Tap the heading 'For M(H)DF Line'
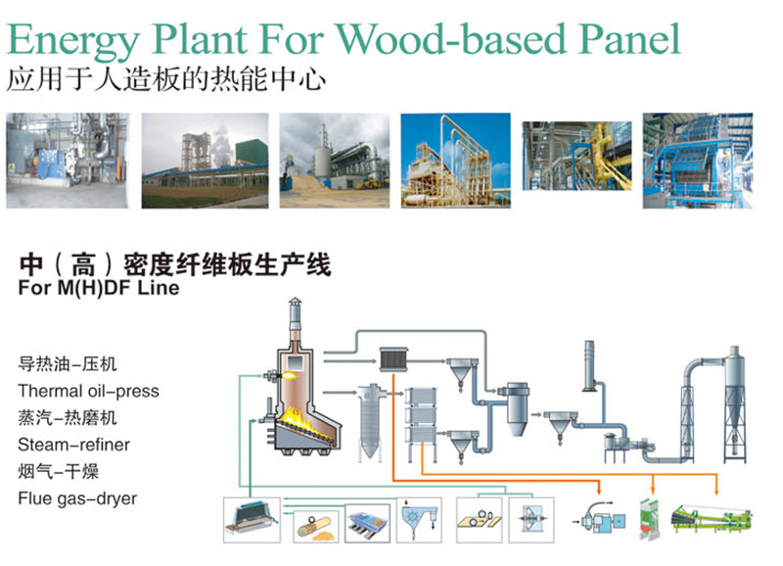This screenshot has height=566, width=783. [x=99, y=288]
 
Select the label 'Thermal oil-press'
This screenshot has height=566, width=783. [x=88, y=391]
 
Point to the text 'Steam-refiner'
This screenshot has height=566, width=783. [x=73, y=445]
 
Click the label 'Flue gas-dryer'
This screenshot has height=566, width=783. [x=77, y=498]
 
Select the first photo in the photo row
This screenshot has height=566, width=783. [x=69, y=160]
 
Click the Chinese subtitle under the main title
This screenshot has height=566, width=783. [x=165, y=78]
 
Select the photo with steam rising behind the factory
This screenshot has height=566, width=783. [x=205, y=160]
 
